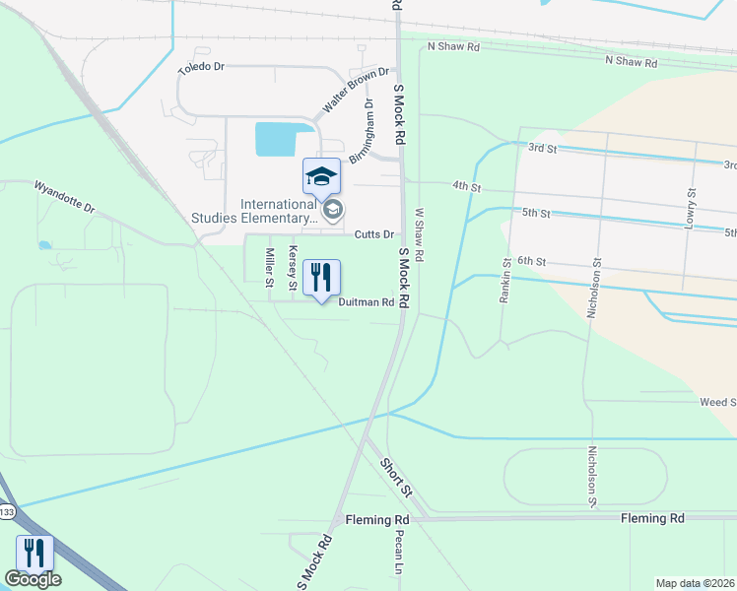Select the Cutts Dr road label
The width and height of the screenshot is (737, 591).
(374, 234)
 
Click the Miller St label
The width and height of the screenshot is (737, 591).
(269, 267)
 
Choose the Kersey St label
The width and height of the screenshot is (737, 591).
(292, 267)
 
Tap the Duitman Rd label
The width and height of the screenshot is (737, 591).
(366, 302)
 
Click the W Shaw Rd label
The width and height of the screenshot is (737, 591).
(419, 233)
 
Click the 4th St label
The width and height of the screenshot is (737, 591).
(466, 186)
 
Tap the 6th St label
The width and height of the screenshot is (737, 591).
(531, 261)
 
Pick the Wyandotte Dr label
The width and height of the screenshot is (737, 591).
(64, 196)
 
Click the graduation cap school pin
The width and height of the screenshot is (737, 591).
(321, 176)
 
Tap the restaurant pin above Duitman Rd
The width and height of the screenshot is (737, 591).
(321, 279)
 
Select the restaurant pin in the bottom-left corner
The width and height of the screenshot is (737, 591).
(34, 554)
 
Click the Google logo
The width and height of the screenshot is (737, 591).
(33, 579)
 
